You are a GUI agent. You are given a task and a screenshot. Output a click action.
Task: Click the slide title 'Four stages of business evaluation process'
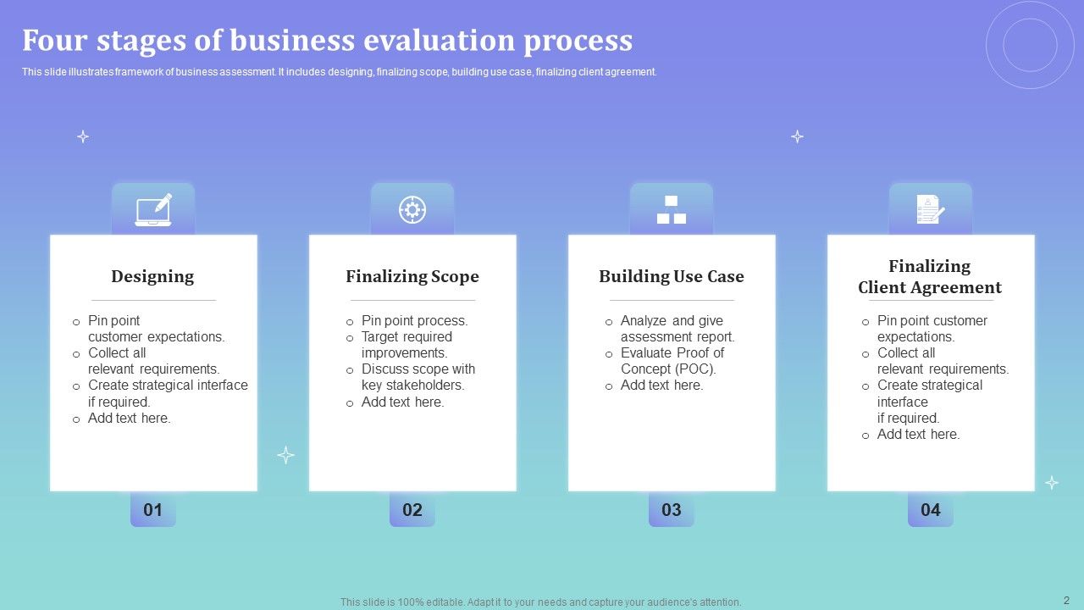point(327,41)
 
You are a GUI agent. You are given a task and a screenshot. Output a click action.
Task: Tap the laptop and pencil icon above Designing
point(153,209)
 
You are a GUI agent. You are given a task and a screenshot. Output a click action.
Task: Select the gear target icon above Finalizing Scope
point(412,209)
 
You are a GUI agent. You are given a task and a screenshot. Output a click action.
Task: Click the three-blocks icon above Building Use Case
point(672,210)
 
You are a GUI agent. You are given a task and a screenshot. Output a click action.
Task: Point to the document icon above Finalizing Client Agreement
point(930,209)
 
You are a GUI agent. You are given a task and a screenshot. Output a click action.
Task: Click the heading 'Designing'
point(152,276)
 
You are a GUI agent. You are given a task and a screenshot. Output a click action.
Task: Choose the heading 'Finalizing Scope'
point(412,276)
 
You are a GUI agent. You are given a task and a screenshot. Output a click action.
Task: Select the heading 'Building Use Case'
point(672,276)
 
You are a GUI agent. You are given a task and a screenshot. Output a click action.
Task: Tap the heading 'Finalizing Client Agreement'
point(930,277)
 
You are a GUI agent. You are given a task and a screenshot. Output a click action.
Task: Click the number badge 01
point(153,510)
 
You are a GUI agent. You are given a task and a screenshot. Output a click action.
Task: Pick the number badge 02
point(412,510)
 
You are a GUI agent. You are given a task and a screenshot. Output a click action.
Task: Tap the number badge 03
point(672,510)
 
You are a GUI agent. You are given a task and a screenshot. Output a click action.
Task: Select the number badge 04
point(931,510)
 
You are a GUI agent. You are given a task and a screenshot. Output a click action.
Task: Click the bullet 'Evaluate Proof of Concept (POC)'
point(672,361)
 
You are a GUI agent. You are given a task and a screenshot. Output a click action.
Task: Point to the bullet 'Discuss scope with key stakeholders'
point(418,377)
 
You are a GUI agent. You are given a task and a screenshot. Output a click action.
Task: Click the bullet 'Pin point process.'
point(414,320)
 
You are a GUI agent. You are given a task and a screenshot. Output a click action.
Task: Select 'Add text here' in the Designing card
point(129,418)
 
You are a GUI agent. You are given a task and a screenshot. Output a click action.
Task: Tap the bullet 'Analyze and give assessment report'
point(677,329)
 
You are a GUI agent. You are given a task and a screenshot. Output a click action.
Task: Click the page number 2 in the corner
point(1066,601)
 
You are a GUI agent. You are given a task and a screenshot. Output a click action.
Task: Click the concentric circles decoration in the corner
point(1030,45)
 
